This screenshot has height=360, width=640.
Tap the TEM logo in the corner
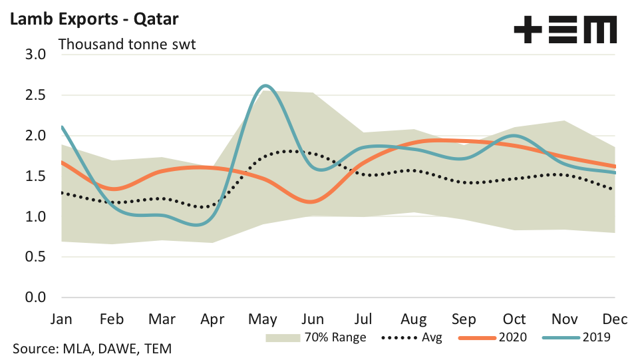565,30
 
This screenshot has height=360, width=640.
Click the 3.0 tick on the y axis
33,54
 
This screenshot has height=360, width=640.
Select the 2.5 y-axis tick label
33,94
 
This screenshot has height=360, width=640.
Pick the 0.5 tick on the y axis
33,257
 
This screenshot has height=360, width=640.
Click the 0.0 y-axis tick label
33,297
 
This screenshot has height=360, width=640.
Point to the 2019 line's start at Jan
62,126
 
